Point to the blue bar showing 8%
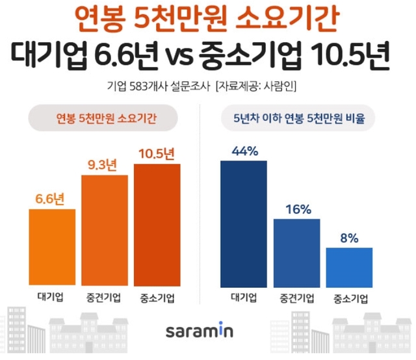349,267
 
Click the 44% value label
244,151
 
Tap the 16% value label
296,209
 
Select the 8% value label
349,238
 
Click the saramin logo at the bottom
208,331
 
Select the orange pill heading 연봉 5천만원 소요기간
106,119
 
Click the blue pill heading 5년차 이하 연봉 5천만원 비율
298,119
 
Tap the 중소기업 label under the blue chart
350,299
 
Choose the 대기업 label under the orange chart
53,299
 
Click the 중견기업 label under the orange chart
105,299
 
